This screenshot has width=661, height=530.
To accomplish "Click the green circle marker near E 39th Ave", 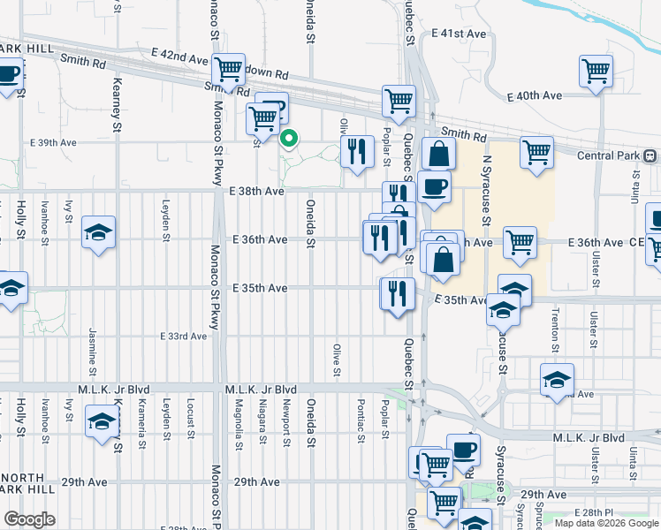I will pos(288,138).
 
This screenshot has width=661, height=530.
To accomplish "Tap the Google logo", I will pos(29,519).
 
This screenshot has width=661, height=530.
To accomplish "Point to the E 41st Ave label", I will pos(460,34).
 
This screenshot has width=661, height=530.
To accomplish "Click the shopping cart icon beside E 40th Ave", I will pos(596,71).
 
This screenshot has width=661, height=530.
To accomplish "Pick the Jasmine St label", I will pos(92,348).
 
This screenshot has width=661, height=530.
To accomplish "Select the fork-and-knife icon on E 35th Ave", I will pos(397,292).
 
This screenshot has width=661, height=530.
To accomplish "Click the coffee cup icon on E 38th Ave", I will pos(434,188).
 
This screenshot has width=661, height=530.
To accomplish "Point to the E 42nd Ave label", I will pos(179,57).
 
